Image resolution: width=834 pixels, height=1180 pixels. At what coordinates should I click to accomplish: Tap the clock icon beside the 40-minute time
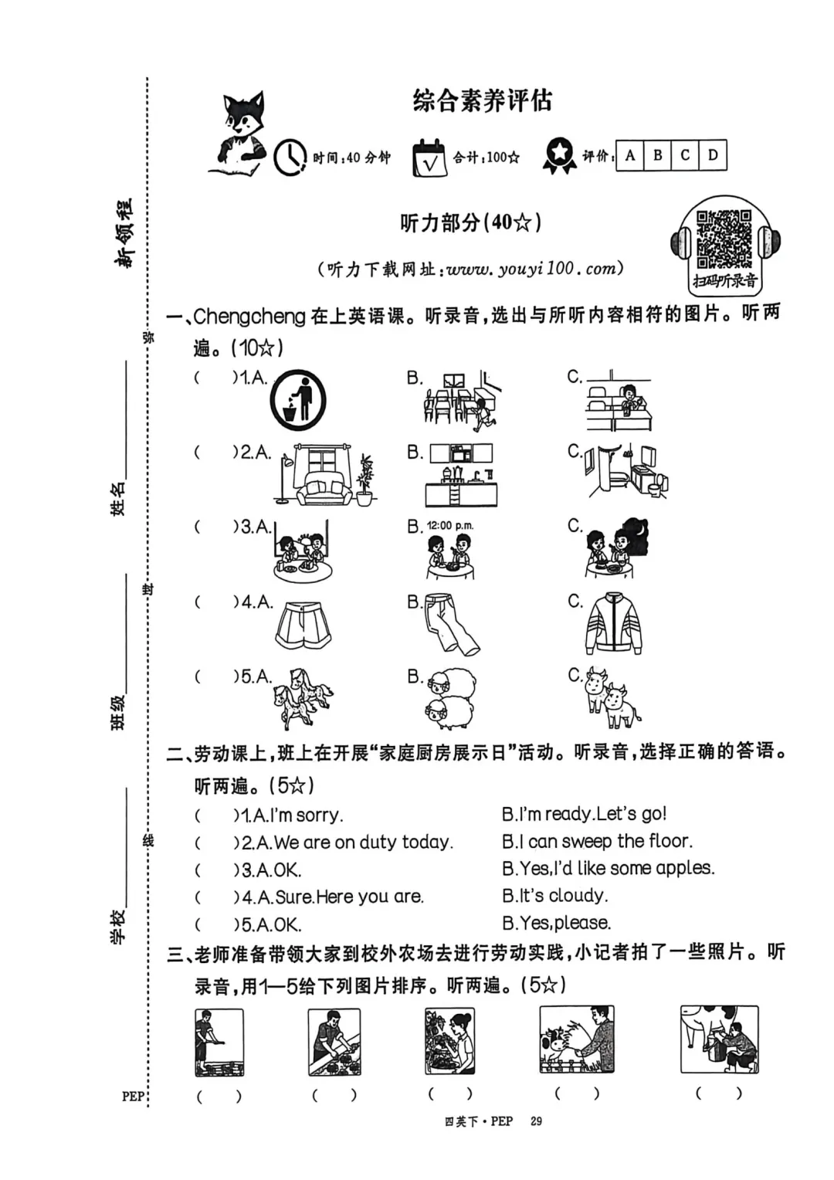click(290, 157)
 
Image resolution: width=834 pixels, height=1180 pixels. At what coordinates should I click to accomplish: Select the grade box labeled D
click(712, 155)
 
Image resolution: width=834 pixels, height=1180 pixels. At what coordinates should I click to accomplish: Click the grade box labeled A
click(630, 155)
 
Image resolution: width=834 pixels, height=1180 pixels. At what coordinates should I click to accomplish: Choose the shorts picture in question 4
click(303, 628)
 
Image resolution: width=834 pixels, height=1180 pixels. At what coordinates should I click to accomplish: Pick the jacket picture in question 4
click(613, 624)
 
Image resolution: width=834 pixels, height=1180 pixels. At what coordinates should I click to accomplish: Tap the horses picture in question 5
click(301, 698)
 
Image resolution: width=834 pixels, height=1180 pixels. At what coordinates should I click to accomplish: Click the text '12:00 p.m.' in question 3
click(450, 526)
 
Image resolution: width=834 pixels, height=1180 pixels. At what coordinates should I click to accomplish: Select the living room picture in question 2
click(324, 475)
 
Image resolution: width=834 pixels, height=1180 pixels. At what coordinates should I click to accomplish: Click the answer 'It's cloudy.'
click(556, 896)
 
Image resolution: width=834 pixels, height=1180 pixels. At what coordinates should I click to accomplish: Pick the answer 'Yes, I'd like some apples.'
click(608, 869)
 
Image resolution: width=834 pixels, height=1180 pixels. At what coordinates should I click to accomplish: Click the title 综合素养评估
click(482, 101)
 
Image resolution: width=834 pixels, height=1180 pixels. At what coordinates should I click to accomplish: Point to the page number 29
click(536, 1121)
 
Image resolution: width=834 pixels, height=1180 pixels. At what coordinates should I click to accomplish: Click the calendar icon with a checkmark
click(429, 158)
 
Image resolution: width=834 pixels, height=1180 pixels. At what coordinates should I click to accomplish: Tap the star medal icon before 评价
click(559, 155)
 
